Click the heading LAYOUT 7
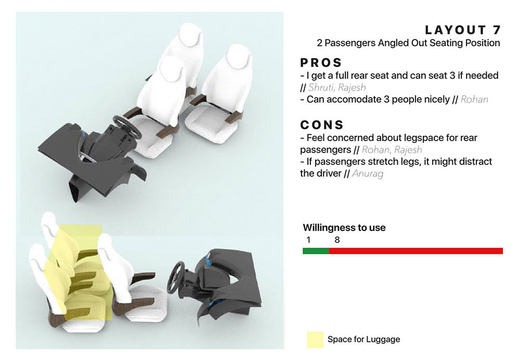pyautogui.click(x=463, y=30)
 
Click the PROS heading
pyautogui.click(x=321, y=63)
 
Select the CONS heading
pyautogui.click(x=322, y=125)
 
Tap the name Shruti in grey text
pyautogui.click(x=320, y=87)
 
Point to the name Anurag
pyautogui.click(x=368, y=174)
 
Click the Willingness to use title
pyautogui.click(x=344, y=228)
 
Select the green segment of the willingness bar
pyautogui.click(x=316, y=251)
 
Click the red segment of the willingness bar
pyautogui.click(x=416, y=251)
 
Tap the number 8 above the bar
pyautogui.click(x=337, y=240)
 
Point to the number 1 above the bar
pyautogui.click(x=308, y=240)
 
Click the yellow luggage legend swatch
pyautogui.click(x=315, y=339)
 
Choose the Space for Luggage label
pyautogui.click(x=364, y=339)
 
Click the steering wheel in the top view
pyautogui.click(x=127, y=127)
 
